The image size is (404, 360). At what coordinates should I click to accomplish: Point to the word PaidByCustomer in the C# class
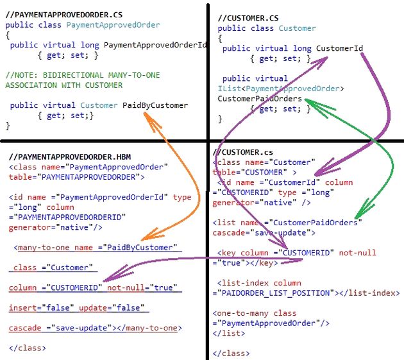[155, 105]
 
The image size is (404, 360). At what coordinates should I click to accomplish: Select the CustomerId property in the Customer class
[339, 48]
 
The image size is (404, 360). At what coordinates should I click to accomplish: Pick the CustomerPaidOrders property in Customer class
[260, 99]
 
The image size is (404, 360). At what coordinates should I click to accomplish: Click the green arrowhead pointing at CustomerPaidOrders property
[310, 101]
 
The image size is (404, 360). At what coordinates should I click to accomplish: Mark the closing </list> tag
[228, 334]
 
